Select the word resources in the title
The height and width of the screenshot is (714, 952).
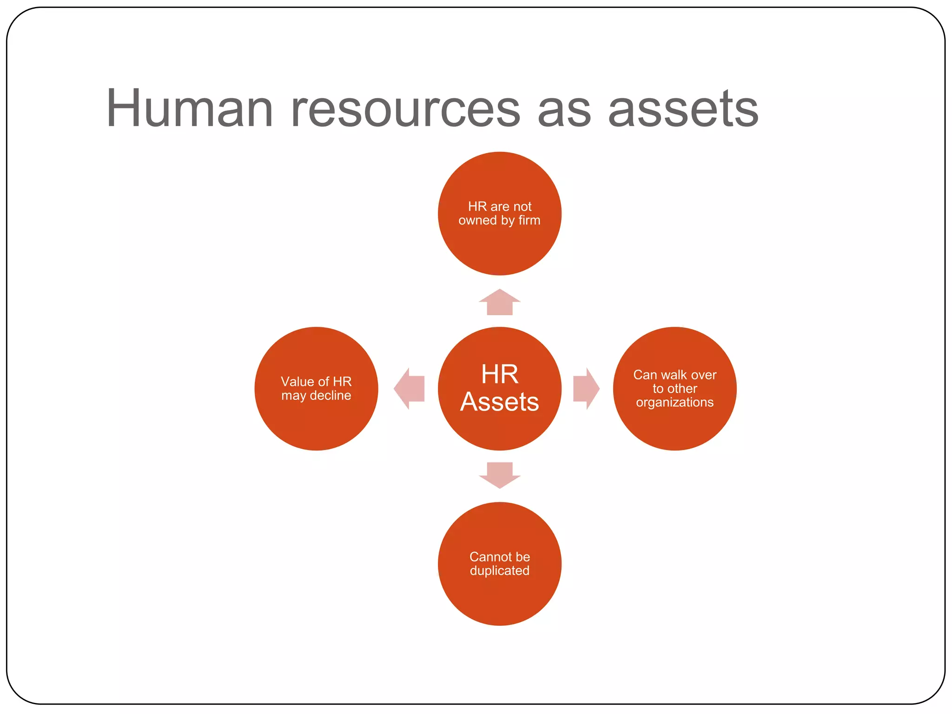tap(405, 110)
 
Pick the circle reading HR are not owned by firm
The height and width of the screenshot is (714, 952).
tap(500, 246)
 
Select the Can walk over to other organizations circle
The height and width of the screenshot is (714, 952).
tap(674, 428)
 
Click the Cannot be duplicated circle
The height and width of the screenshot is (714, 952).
tap(500, 600)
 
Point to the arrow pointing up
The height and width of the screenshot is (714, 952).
tap(500, 303)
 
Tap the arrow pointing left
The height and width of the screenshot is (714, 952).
tap(410, 389)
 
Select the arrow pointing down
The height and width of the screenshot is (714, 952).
tap(500, 475)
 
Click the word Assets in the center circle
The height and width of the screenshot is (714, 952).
tap(500, 402)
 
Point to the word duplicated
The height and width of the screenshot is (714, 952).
tap(500, 570)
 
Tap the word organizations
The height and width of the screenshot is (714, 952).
tap(674, 402)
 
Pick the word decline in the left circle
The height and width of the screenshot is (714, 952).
tap(331, 395)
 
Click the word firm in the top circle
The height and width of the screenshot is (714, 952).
tap(529, 220)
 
